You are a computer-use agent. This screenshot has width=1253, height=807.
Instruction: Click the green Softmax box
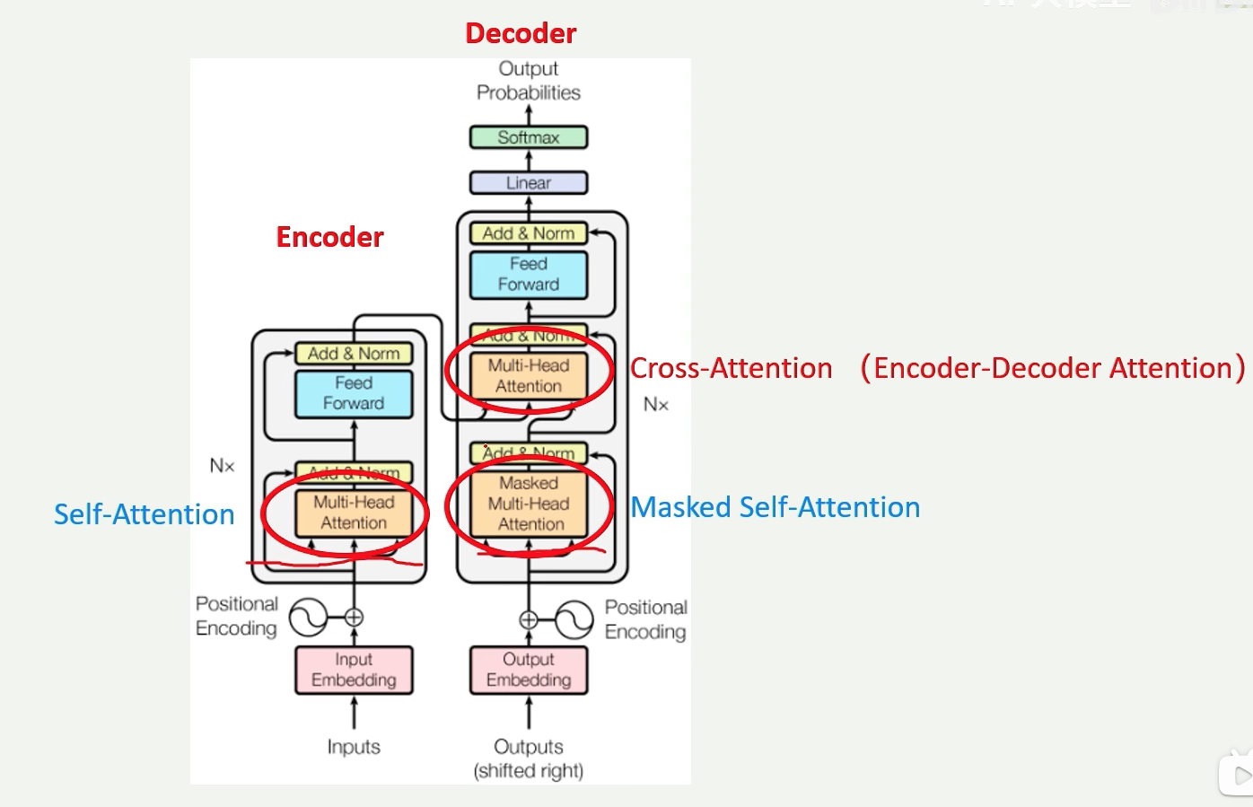click(529, 137)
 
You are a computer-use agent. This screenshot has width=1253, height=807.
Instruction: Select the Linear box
click(529, 183)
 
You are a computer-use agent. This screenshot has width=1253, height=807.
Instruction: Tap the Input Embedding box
click(354, 670)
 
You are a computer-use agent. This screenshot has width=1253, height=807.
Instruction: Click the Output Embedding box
click(529, 670)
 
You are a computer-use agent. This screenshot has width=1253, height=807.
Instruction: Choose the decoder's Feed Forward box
click(529, 275)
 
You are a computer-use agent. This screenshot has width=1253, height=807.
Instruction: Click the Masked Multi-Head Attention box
click(529, 504)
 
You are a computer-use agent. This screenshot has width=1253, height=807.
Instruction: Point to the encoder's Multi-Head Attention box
click(354, 513)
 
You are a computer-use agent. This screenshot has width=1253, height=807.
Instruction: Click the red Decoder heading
click(521, 33)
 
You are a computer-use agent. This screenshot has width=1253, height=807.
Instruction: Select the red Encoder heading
click(329, 237)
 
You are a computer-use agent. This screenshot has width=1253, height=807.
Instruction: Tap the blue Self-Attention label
click(144, 514)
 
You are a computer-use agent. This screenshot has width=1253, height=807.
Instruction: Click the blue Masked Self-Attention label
click(775, 507)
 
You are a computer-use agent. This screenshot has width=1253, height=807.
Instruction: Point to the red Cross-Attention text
click(732, 368)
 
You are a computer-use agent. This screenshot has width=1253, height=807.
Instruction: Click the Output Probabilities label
click(529, 81)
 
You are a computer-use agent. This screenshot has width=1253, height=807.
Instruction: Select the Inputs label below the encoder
click(354, 747)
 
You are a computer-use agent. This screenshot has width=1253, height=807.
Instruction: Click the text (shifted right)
click(529, 771)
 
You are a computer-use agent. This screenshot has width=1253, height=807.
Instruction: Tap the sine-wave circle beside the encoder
click(308, 618)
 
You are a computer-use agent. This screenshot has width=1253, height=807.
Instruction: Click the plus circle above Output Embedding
click(529, 619)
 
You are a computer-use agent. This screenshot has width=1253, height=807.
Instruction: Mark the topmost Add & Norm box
click(529, 233)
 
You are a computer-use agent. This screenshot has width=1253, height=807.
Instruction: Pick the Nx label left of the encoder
click(222, 466)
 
